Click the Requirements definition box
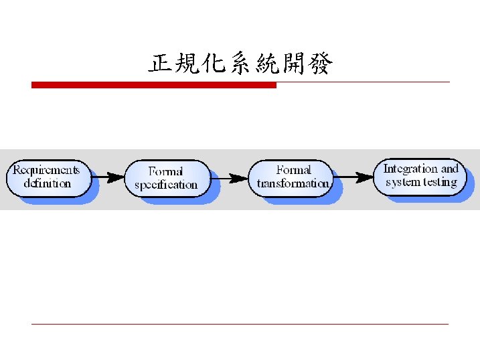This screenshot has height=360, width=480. (48, 177)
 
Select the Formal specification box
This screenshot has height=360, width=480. (166, 178)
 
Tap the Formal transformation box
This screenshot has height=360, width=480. (293, 177)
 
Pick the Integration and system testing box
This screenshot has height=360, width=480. (420, 175)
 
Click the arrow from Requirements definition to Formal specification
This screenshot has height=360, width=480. (108, 177)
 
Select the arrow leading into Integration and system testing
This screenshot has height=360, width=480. (354, 177)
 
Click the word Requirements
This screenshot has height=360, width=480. (46, 170)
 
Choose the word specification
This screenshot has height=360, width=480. (166, 185)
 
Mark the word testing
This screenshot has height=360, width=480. (440, 182)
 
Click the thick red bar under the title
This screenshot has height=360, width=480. (154, 85)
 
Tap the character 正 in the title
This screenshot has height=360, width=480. (159, 65)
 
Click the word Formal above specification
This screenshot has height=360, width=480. (165, 171)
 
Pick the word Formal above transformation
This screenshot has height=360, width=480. (293, 170)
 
